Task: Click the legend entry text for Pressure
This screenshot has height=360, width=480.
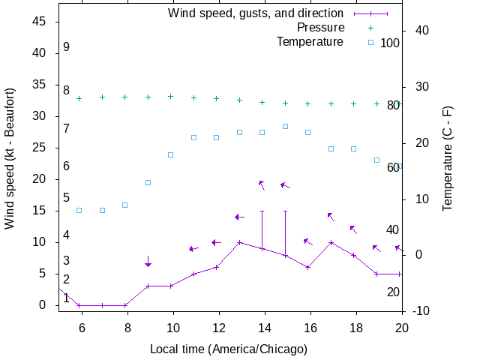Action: point(320,28)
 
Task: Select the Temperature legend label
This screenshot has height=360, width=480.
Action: point(310,41)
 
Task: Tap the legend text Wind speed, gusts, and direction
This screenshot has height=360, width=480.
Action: point(256,13)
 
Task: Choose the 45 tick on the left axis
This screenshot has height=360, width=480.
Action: point(40,22)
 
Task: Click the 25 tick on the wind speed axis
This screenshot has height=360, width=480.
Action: point(40,148)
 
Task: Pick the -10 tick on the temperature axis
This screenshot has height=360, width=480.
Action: point(421,310)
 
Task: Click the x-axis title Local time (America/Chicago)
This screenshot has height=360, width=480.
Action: point(229,349)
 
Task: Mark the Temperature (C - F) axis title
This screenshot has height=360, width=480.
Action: point(448,158)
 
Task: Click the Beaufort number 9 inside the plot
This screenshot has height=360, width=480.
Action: point(66,46)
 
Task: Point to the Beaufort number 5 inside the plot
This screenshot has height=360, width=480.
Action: point(66,198)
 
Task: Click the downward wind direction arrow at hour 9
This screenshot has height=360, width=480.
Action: point(148,262)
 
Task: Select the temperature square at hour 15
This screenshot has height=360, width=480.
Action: point(285,126)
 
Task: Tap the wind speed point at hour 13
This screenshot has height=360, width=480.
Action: point(239,242)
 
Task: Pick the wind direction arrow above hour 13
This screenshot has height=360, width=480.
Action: point(239,217)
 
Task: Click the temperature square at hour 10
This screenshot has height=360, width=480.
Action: point(171,154)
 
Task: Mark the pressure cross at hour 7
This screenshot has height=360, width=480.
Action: point(103,97)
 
